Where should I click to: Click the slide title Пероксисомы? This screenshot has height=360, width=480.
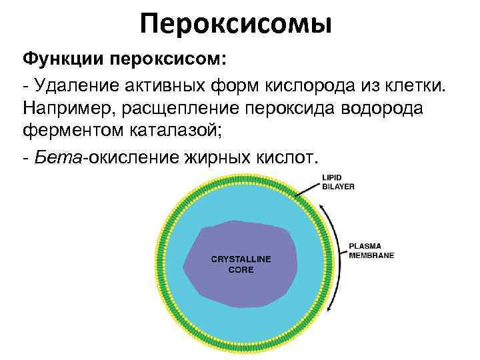pos(237,25)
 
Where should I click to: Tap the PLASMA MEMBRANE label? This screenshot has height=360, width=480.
pos(372,250)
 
